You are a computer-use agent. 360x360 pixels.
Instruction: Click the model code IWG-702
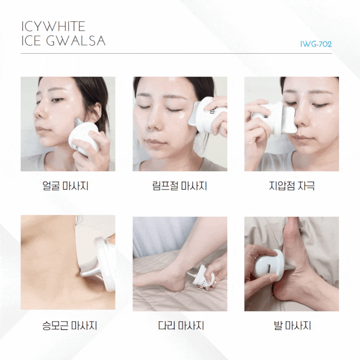[316, 44]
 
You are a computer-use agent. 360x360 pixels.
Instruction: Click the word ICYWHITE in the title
[53, 26]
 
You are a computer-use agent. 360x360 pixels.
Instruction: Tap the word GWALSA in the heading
[76, 41]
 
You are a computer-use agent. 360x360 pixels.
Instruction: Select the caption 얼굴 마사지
[65, 186]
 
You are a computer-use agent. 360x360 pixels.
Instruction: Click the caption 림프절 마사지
[180, 186]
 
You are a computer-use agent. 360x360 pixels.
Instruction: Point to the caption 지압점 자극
[292, 186]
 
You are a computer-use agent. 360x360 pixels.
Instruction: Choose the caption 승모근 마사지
[69, 326]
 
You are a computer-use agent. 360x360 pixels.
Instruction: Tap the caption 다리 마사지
[181, 326]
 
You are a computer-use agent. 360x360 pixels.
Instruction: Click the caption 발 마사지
[292, 326]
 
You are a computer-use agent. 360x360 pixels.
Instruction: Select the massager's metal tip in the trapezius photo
[90, 272]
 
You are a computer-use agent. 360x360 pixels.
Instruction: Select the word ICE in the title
[31, 41]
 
